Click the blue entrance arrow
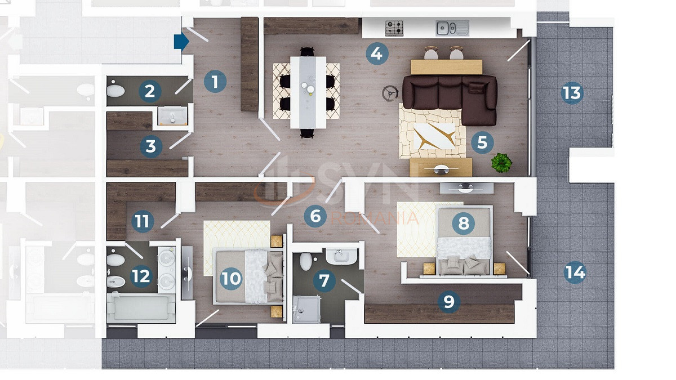[x=181, y=41]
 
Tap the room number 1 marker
[x=215, y=82]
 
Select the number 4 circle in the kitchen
[x=377, y=53]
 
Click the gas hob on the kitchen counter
[x=394, y=28]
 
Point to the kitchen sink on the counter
[x=452, y=28]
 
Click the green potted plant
[x=501, y=163]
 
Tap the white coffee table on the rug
[x=434, y=136]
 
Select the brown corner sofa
[x=450, y=100]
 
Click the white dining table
[x=308, y=92]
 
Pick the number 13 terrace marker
[x=572, y=93]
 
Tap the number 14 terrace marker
[x=575, y=272]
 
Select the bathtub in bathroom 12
[x=141, y=309]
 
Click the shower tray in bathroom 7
[x=306, y=309]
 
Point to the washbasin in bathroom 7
[x=341, y=257]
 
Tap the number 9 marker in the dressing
[x=449, y=301]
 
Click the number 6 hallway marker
[x=315, y=216]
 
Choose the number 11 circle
[x=143, y=221]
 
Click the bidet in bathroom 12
[x=116, y=282]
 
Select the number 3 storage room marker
[x=151, y=146]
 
